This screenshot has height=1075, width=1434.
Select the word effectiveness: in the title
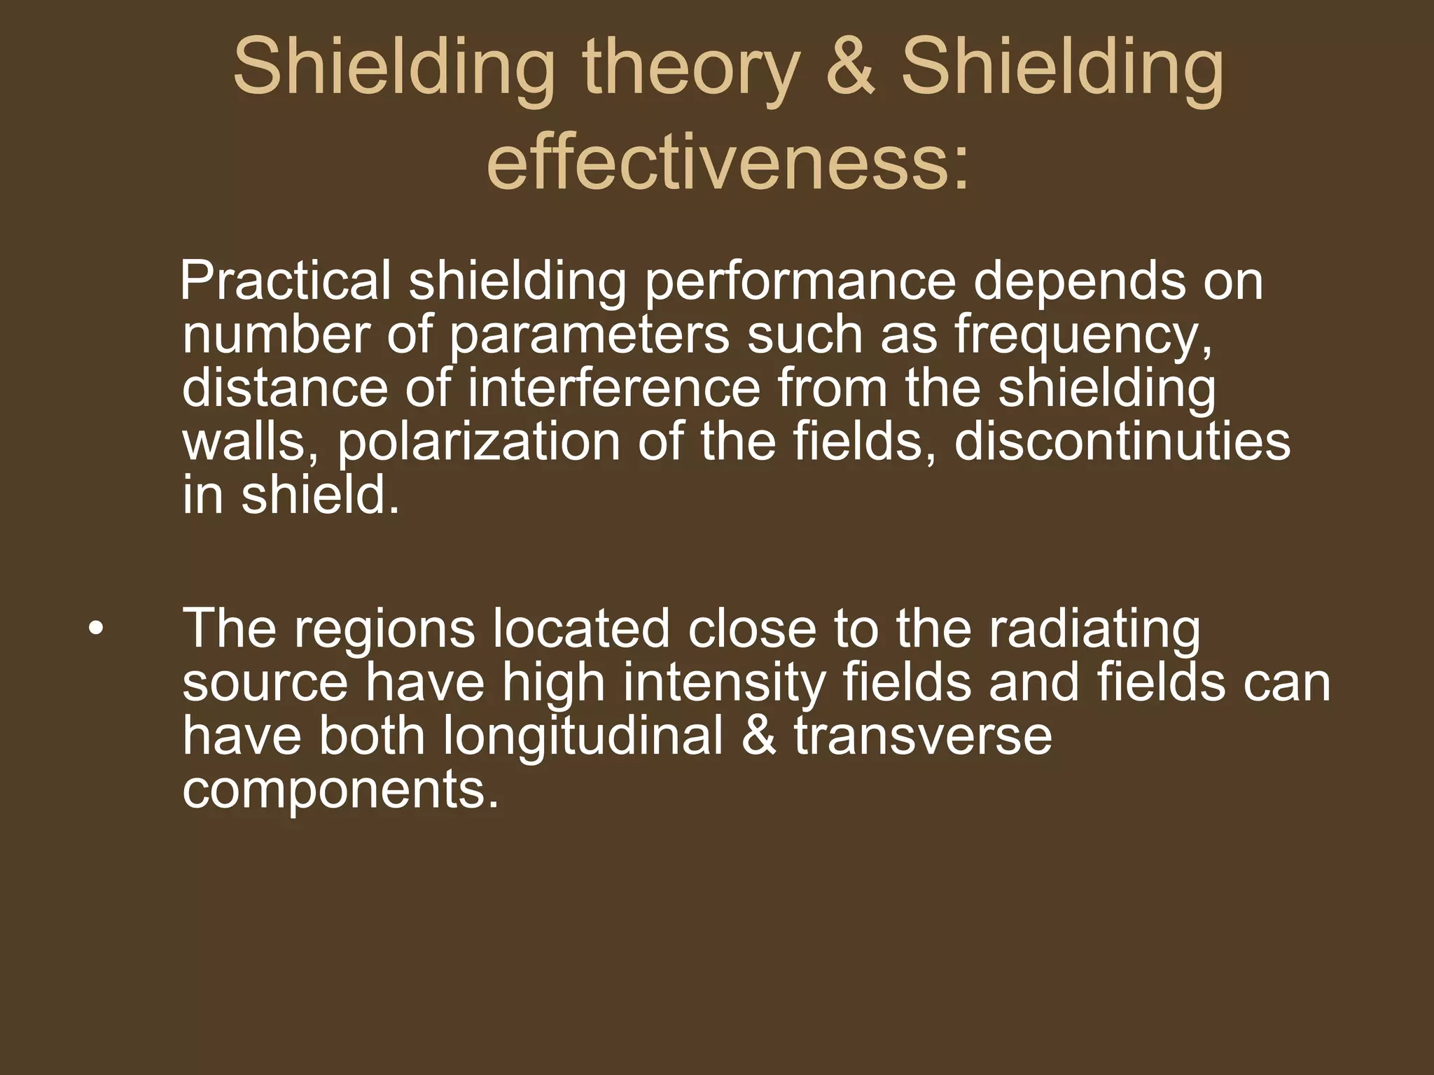tap(728, 165)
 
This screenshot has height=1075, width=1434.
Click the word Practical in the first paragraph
tap(286, 282)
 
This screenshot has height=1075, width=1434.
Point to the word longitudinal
tap(583, 738)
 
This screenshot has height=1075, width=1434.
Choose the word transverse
tap(923, 738)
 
